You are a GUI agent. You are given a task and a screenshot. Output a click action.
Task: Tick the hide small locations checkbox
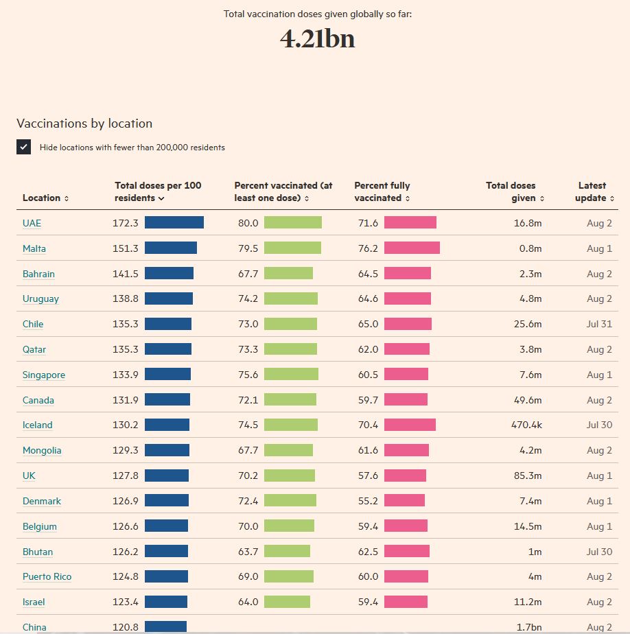click(24, 147)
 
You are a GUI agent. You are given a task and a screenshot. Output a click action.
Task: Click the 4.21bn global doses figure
click(317, 39)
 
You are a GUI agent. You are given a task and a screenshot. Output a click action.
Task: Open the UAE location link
click(32, 223)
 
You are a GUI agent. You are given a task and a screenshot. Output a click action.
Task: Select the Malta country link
click(34, 248)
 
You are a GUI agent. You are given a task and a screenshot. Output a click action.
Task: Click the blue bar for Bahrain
click(169, 273)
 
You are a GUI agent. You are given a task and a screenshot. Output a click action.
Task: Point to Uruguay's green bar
click(291, 298)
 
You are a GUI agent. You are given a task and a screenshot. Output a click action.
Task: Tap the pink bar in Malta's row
click(412, 248)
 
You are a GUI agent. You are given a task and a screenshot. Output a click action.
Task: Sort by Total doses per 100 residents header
click(158, 191)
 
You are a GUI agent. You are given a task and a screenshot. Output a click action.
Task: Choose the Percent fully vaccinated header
click(382, 191)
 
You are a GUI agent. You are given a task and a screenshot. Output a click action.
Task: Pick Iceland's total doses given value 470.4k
click(526, 425)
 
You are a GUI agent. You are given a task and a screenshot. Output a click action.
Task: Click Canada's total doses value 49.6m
click(527, 400)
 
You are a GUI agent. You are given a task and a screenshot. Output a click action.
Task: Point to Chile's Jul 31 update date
click(599, 324)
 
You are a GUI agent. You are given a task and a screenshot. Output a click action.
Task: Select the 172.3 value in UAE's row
click(126, 223)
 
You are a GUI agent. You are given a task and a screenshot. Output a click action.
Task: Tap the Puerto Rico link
click(47, 576)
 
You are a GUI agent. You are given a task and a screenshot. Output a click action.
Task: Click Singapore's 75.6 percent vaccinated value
click(248, 375)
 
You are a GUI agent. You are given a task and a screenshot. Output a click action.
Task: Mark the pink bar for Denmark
click(404, 501)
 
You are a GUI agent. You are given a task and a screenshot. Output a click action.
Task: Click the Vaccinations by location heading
click(84, 124)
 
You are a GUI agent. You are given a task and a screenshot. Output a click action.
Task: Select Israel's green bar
click(287, 602)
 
